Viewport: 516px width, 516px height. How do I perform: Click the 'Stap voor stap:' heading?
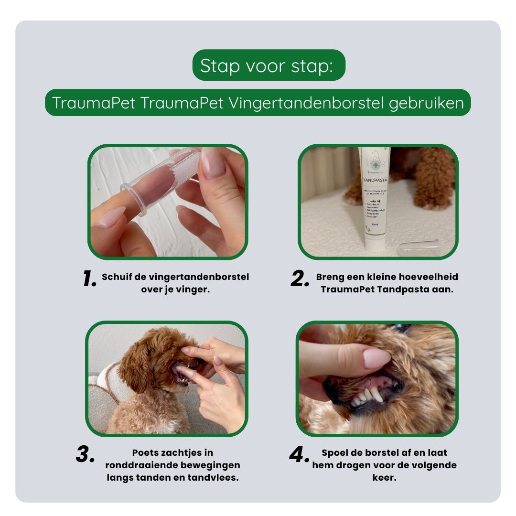(269, 65)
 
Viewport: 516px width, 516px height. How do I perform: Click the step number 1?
(89, 279)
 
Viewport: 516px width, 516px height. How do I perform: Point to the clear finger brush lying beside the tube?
(419, 247)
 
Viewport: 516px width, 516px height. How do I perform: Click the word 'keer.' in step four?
(384, 477)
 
